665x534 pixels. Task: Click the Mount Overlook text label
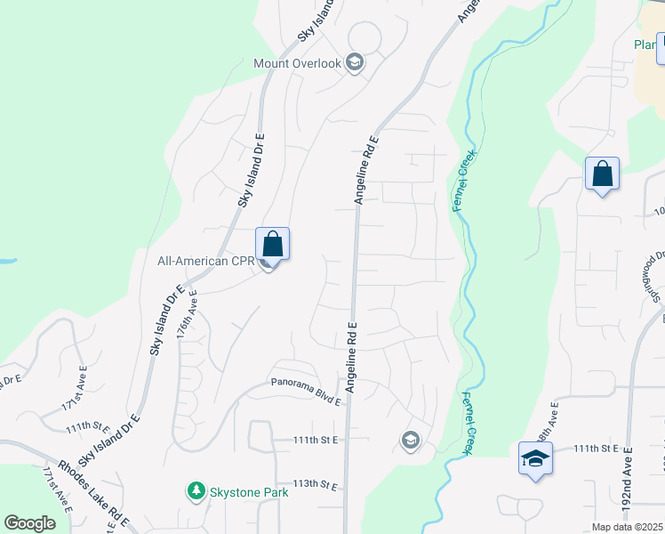(x=297, y=63)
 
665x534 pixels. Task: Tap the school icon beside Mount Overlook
(x=355, y=62)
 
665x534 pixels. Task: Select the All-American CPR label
(x=205, y=262)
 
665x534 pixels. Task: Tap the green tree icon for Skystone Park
(x=196, y=490)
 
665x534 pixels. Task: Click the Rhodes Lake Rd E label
(x=94, y=491)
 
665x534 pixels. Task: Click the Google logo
(x=29, y=523)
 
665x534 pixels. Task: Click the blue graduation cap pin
(x=535, y=459)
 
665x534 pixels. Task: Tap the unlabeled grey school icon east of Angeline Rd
(x=410, y=440)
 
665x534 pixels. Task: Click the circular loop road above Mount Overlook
(x=364, y=37)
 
